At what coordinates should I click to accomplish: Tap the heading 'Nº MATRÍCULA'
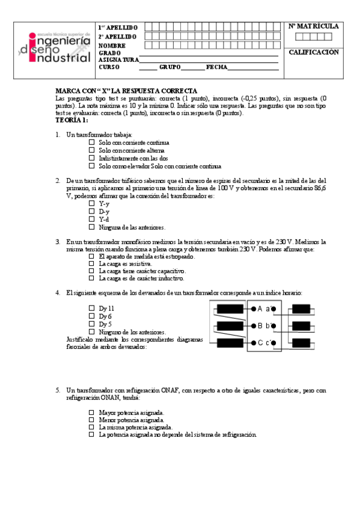point(314,26)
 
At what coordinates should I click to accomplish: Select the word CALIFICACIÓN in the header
point(314,52)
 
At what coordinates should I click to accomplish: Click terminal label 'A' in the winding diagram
point(260,309)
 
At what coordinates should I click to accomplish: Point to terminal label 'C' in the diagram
point(260,343)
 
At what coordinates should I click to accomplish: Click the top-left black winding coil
point(230,309)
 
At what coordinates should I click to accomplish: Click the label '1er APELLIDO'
point(118,28)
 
